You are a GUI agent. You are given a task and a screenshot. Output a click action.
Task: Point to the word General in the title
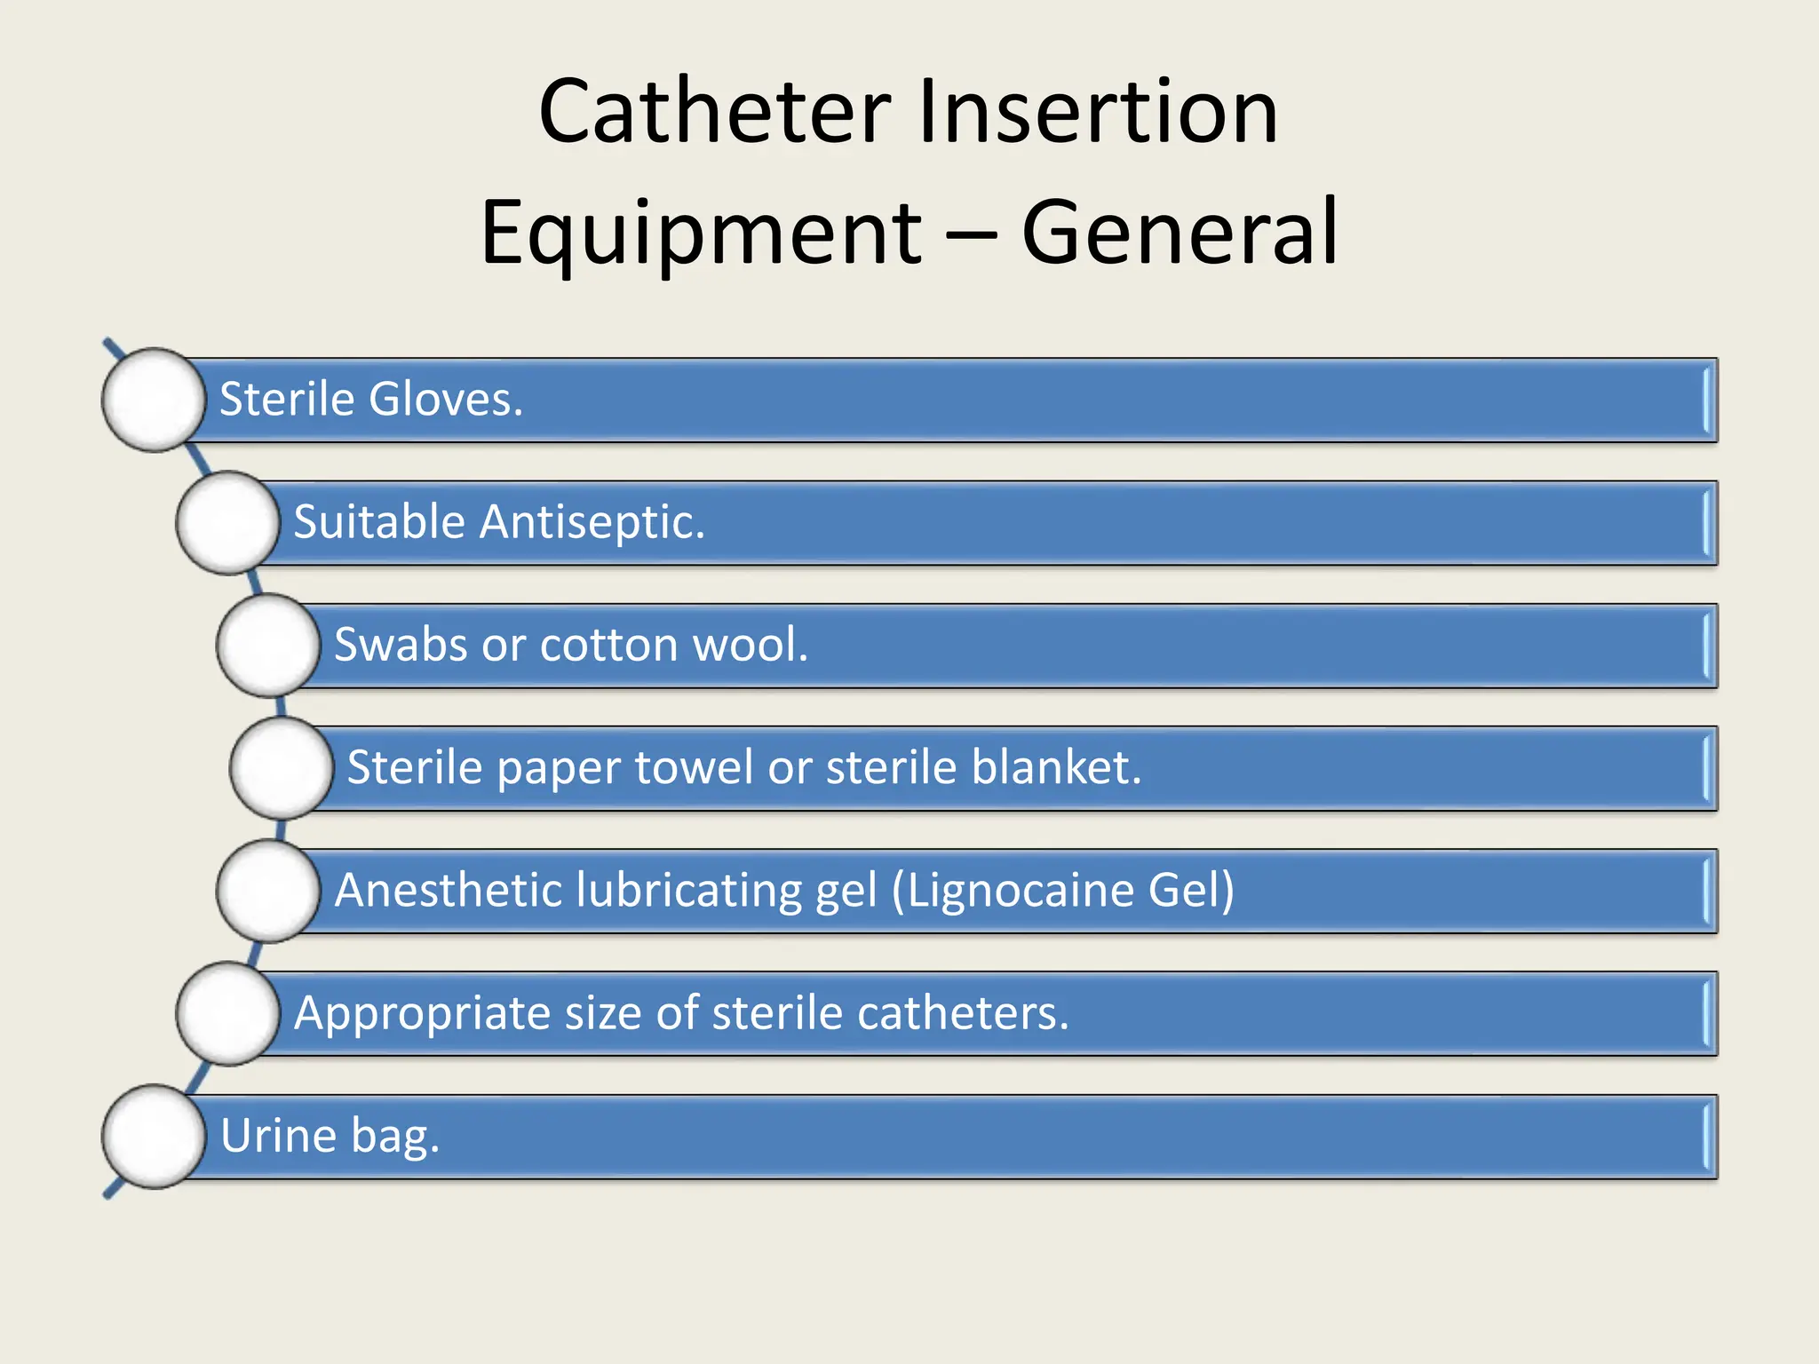[1180, 233]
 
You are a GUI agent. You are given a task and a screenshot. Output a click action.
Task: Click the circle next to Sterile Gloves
[154, 400]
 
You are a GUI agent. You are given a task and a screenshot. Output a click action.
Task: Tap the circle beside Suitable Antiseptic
[228, 522]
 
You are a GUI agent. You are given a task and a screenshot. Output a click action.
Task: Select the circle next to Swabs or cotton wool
[268, 645]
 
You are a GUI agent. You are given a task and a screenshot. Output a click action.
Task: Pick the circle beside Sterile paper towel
[282, 767]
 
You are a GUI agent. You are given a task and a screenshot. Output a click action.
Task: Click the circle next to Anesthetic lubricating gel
[268, 890]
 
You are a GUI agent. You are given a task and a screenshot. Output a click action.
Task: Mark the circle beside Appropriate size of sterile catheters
[228, 1013]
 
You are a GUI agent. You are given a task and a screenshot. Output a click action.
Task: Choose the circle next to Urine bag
[154, 1136]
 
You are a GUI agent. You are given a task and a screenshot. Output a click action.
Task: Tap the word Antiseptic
[592, 522]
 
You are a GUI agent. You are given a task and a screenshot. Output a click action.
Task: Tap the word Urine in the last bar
[278, 1136]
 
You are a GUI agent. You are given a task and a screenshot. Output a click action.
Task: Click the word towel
[694, 767]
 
